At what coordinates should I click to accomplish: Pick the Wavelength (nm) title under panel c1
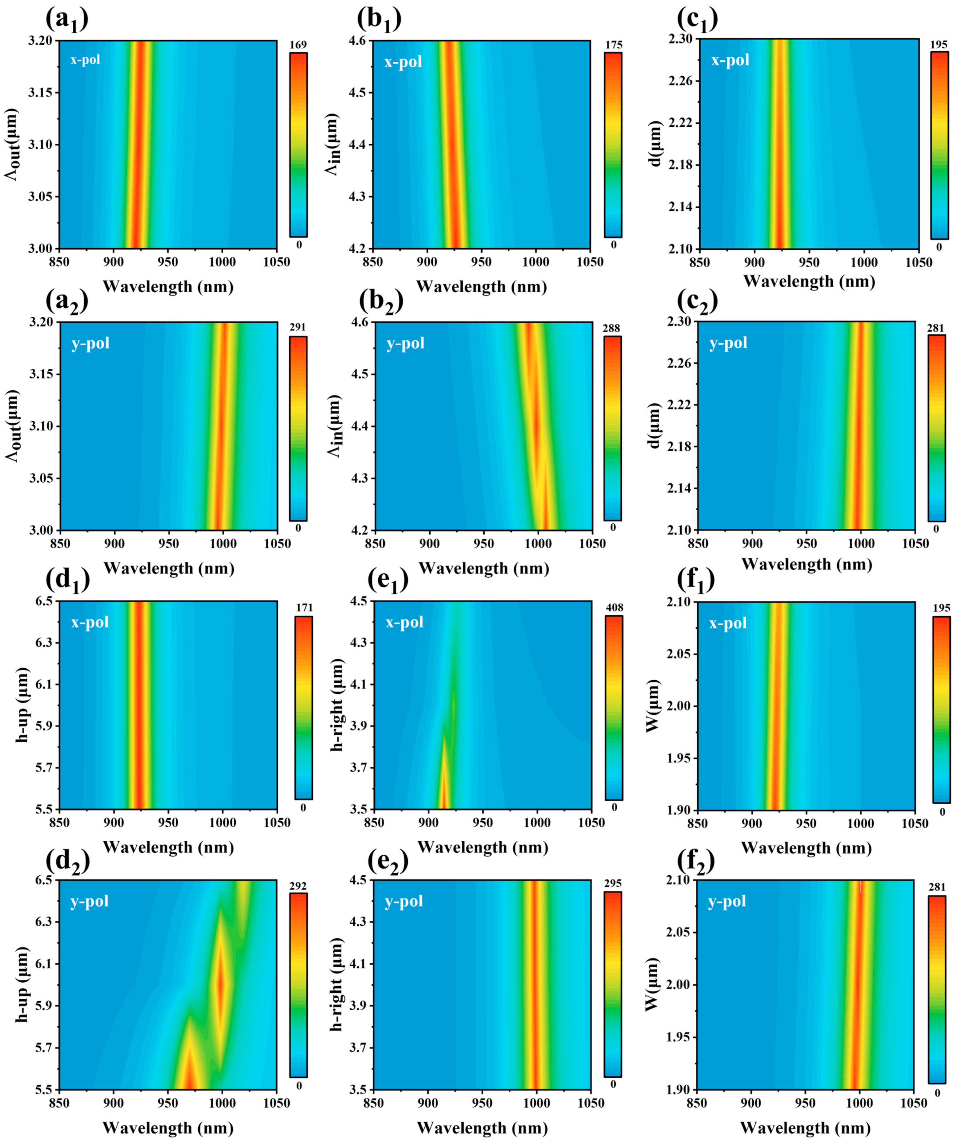809,281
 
